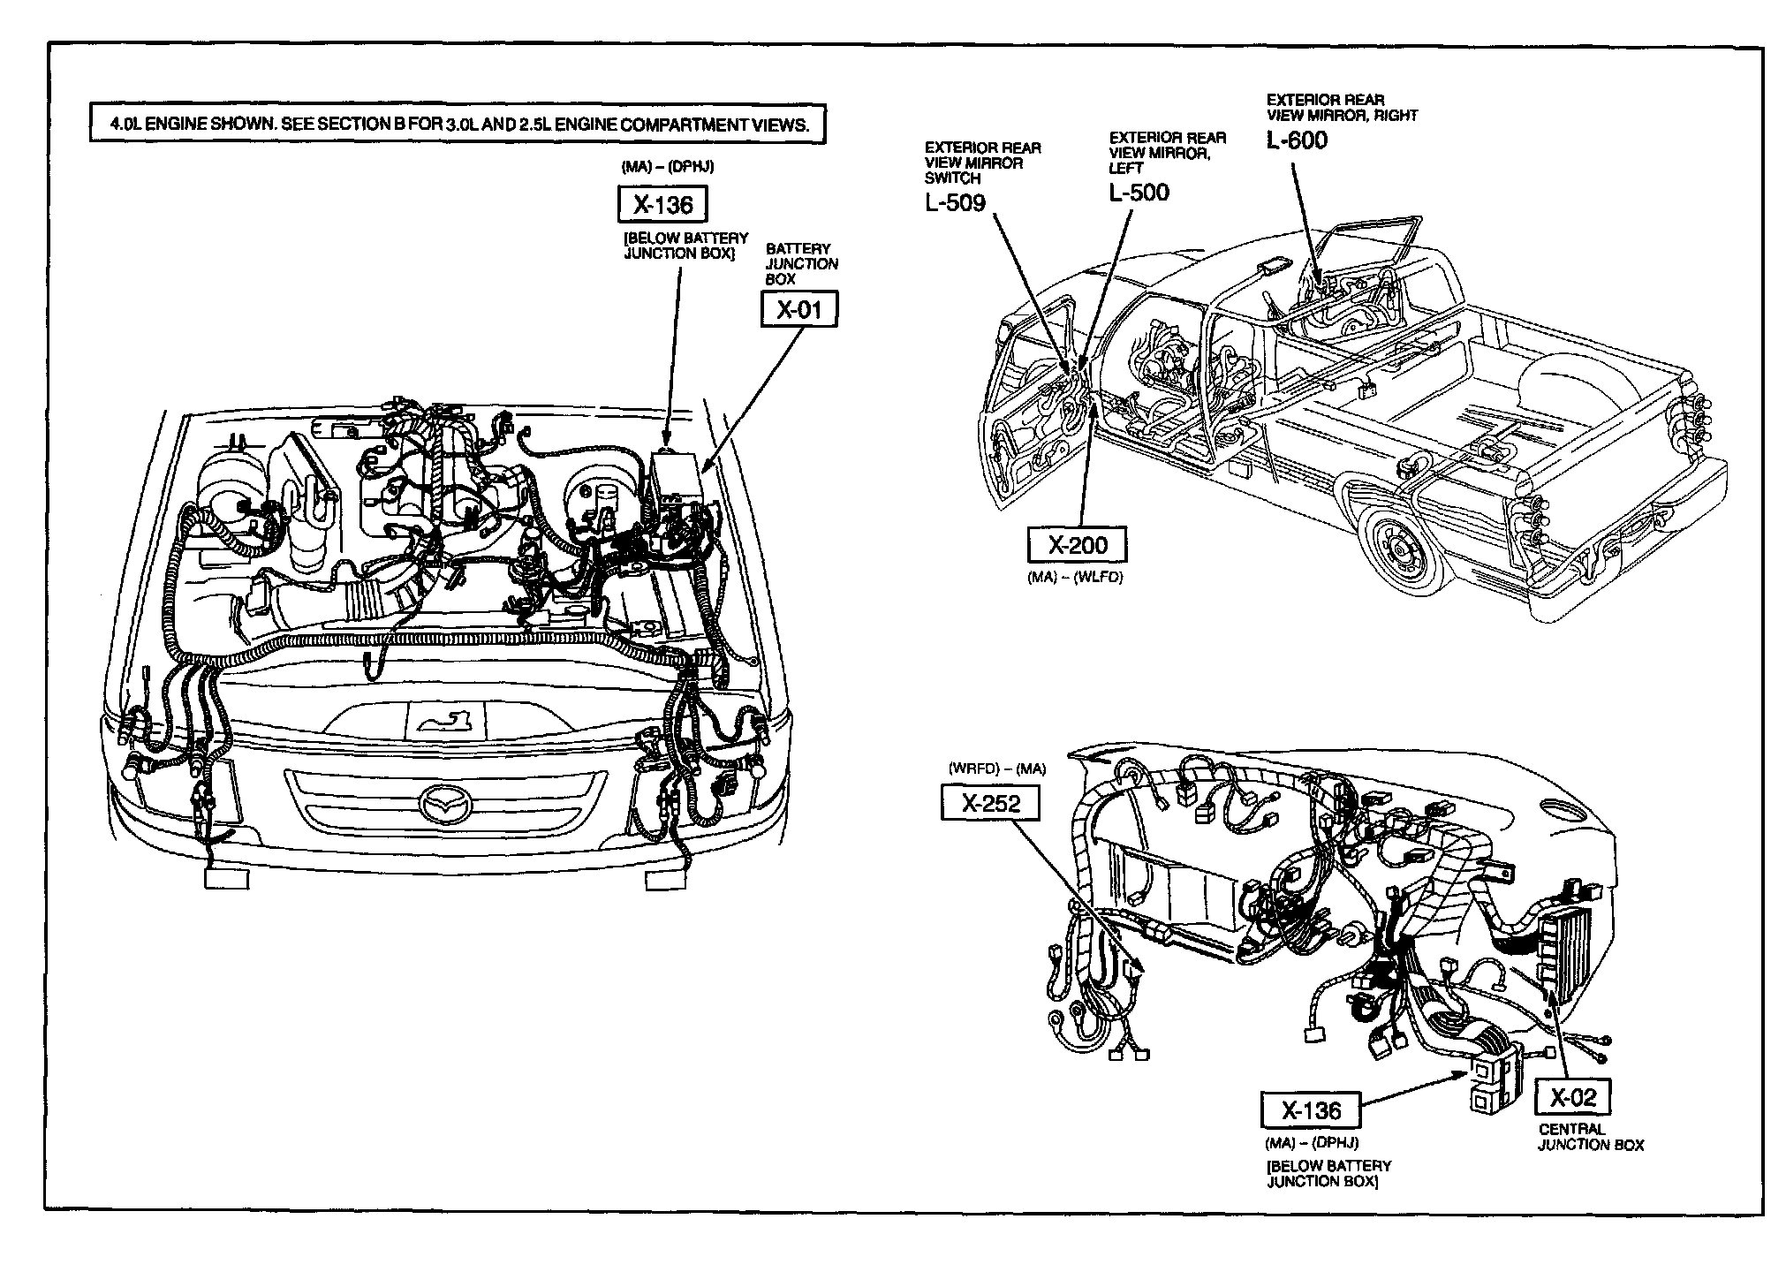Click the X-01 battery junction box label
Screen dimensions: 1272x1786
798,310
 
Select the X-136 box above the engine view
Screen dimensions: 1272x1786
662,205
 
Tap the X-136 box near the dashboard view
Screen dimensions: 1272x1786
1310,1110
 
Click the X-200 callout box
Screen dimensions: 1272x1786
1078,545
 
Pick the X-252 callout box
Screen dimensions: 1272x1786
990,803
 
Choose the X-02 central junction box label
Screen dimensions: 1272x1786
1573,1097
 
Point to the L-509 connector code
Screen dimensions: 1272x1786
955,203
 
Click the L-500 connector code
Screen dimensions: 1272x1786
1139,193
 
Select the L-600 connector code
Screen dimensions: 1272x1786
1297,140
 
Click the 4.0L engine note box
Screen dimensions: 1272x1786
458,125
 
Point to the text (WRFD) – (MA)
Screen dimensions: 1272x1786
996,768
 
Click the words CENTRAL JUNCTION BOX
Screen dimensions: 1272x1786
1591,1137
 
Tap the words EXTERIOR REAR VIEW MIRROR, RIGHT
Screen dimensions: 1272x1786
1342,107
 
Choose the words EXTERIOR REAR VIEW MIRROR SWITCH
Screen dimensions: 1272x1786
982,163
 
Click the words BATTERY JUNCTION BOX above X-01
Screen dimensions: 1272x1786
801,263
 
